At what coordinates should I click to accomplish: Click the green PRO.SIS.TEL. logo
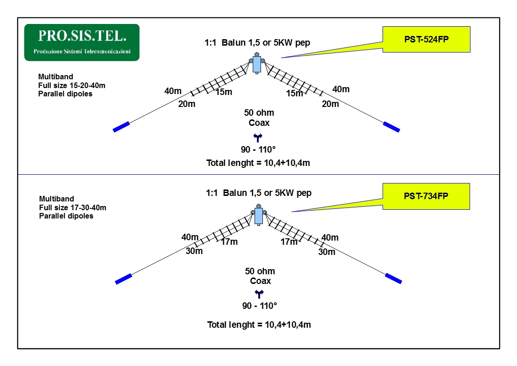pyautogui.click(x=82, y=42)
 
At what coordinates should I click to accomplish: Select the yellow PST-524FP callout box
pyautogui.click(x=426, y=39)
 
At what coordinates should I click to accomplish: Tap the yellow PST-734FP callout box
pyautogui.click(x=426, y=196)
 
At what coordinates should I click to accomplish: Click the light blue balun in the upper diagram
pyautogui.click(x=257, y=65)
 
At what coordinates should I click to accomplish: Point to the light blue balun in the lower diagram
pyautogui.click(x=259, y=216)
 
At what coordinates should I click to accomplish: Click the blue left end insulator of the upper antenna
pyautogui.click(x=122, y=127)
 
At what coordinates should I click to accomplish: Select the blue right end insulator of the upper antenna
pyautogui.click(x=391, y=127)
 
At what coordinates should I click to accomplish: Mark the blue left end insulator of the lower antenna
pyautogui.click(x=124, y=279)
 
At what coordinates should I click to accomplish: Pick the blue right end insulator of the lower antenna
pyautogui.click(x=393, y=278)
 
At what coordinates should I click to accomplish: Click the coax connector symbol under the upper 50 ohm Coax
pyautogui.click(x=258, y=137)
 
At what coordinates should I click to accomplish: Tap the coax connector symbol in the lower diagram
pyautogui.click(x=259, y=293)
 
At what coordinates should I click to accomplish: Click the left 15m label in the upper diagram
pyautogui.click(x=224, y=92)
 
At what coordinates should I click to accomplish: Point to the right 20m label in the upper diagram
pyautogui.click(x=331, y=104)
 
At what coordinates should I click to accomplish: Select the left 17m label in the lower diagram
pyautogui.click(x=229, y=242)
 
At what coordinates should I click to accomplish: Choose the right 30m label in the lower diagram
pyautogui.click(x=327, y=252)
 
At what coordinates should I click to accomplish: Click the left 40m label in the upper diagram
pyautogui.click(x=173, y=91)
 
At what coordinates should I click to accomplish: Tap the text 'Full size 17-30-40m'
pyautogui.click(x=73, y=207)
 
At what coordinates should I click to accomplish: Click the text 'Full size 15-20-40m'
pyautogui.click(x=71, y=85)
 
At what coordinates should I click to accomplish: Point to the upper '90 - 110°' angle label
pyautogui.click(x=258, y=149)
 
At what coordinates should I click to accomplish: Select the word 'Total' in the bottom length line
pyautogui.click(x=217, y=325)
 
